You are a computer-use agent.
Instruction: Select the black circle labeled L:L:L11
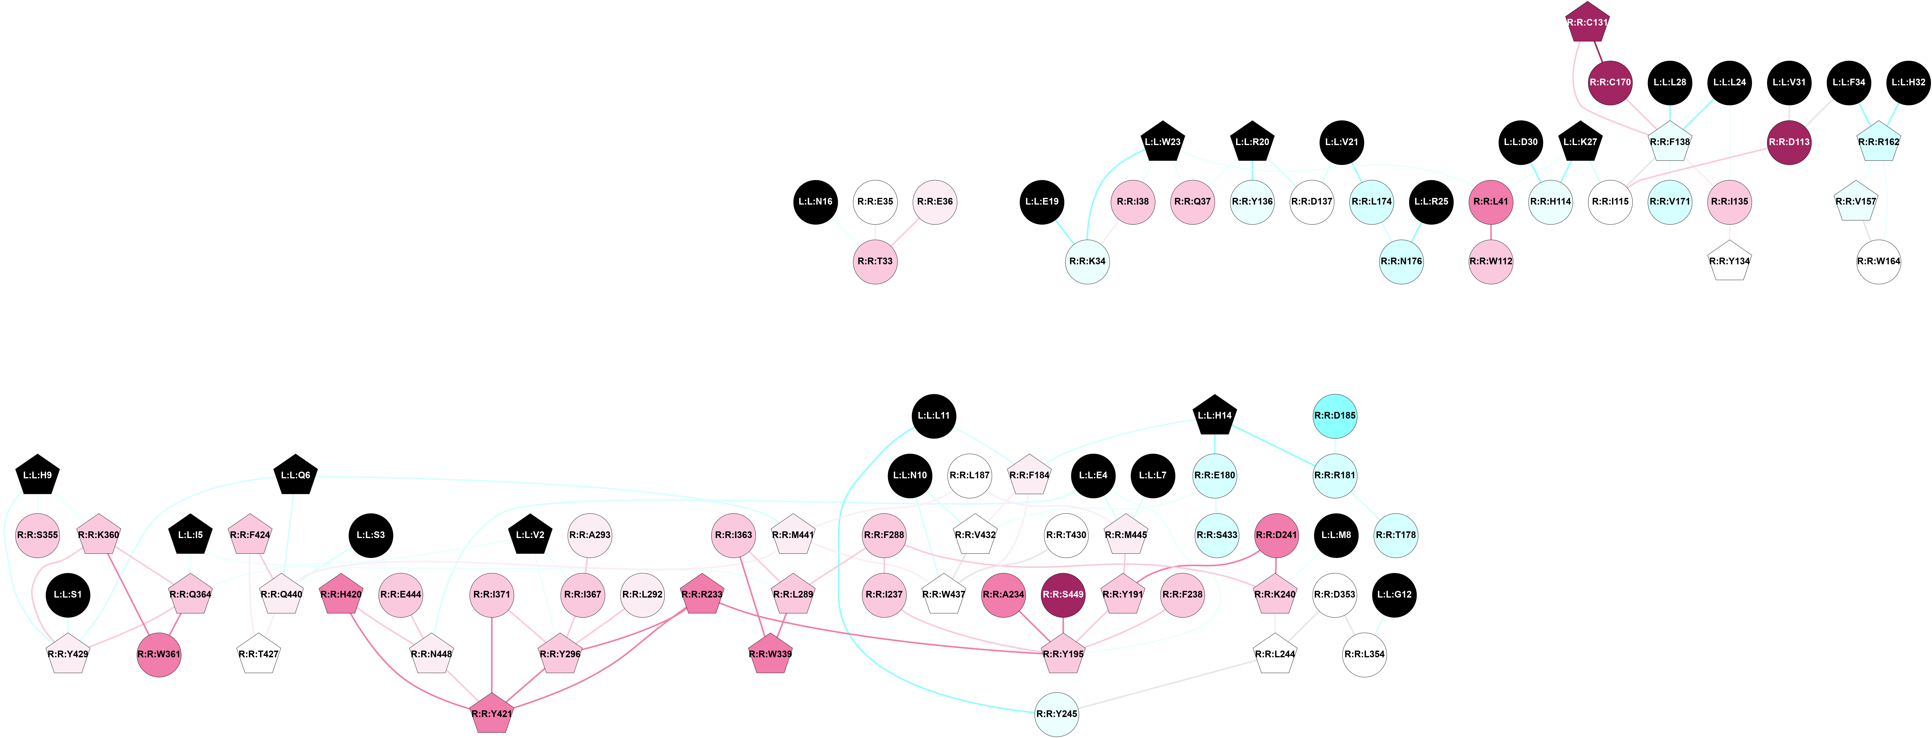(934, 416)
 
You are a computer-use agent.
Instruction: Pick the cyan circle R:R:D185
(1335, 416)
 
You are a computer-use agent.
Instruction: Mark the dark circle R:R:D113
(1789, 142)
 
